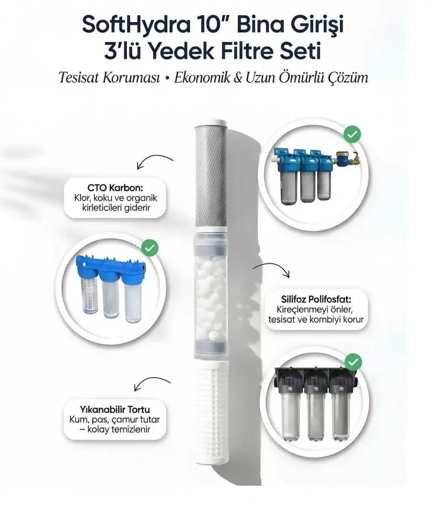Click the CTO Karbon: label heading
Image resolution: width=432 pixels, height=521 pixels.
click(x=115, y=188)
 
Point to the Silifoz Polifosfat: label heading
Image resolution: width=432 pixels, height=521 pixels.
click(x=316, y=300)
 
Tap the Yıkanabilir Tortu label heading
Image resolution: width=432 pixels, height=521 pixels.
click(x=115, y=409)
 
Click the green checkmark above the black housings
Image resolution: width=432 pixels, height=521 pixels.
click(x=353, y=362)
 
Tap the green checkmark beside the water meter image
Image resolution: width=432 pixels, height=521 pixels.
click(x=352, y=134)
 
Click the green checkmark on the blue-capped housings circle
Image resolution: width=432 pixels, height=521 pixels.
click(x=149, y=248)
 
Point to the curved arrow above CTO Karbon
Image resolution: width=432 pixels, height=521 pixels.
click(x=155, y=160)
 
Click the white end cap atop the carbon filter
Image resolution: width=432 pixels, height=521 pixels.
click(x=211, y=121)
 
